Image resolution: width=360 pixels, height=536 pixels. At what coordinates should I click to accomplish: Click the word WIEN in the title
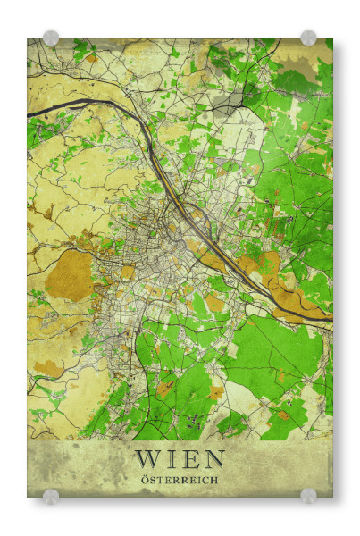(180, 459)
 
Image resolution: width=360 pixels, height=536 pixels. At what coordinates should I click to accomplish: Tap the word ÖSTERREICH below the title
(180, 480)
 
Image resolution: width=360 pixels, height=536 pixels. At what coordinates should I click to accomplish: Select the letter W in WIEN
(149, 459)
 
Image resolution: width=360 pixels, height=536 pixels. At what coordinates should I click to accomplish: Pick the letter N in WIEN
(212, 459)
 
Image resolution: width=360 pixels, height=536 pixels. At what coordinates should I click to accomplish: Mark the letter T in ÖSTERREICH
(162, 480)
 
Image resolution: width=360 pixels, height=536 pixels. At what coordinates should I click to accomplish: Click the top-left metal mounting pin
(51, 38)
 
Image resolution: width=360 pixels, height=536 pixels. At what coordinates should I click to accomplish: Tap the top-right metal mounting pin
(308, 38)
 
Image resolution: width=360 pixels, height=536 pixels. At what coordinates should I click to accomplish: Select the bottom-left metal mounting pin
(51, 496)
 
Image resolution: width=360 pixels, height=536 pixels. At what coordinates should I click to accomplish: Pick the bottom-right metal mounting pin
(308, 496)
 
